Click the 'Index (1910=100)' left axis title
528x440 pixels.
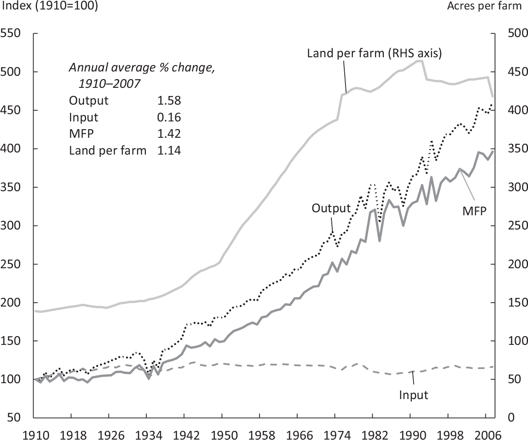pyautogui.click(x=50, y=6)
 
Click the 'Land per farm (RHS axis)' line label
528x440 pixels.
pyautogui.click(x=374, y=53)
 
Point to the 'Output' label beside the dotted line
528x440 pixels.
pyautogui.click(x=331, y=208)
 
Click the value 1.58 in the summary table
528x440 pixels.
pyautogui.click(x=169, y=101)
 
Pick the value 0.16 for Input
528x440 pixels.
pyautogui.click(x=169, y=118)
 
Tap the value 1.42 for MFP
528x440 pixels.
pyautogui.click(x=169, y=134)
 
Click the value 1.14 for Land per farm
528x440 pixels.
pyautogui.click(x=169, y=151)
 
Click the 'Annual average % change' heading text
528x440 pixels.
pyautogui.click(x=142, y=68)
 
